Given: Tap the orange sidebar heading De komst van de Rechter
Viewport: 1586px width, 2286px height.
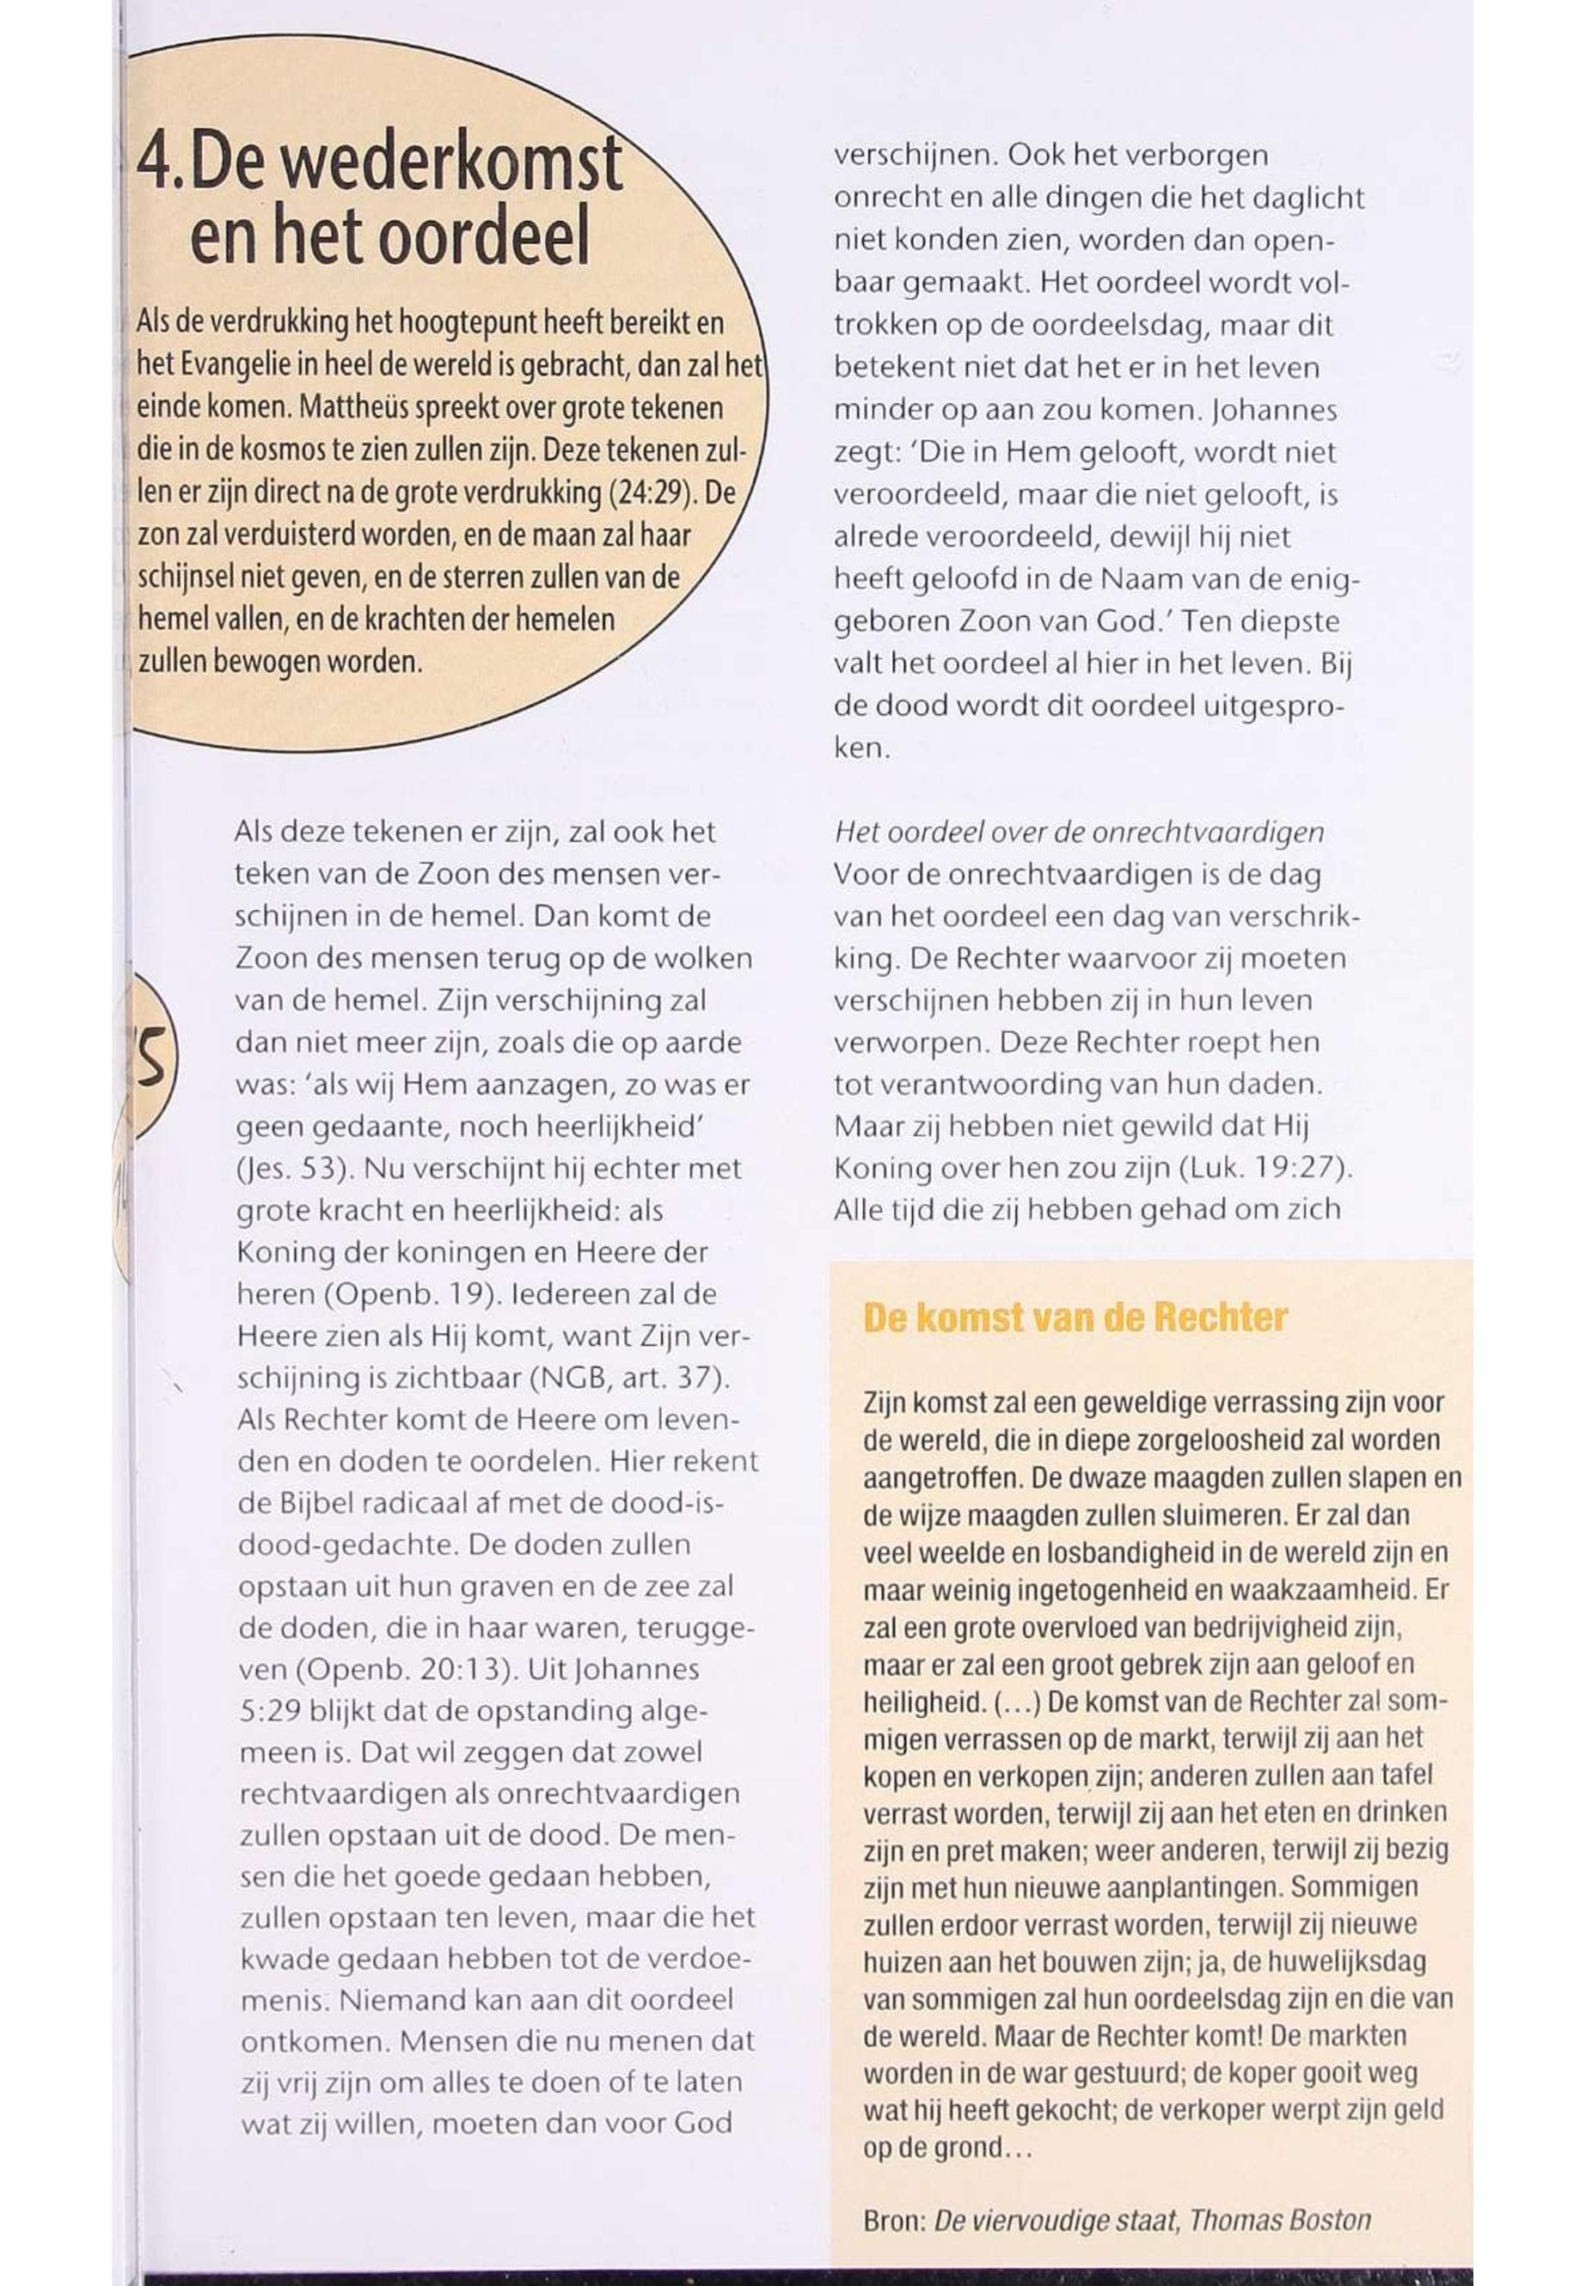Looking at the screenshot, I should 1075,1318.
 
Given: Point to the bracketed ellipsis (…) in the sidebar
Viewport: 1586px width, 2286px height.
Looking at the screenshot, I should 1017,1702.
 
